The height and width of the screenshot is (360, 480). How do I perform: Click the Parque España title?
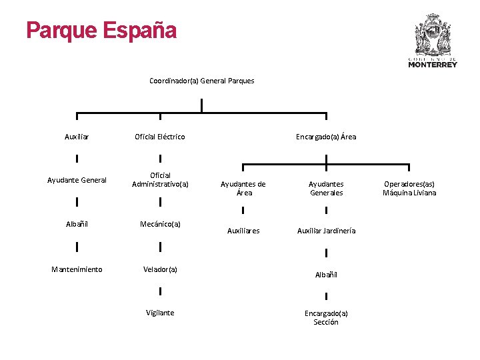click(101, 31)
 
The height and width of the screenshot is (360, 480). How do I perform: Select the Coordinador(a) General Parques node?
click(202, 81)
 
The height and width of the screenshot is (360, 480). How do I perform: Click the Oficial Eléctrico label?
click(160, 137)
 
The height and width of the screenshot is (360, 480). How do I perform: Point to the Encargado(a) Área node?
click(326, 136)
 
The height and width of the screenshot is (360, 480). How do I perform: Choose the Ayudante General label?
click(77, 180)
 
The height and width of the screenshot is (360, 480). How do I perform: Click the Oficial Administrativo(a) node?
click(160, 180)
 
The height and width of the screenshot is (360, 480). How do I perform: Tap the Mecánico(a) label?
click(160, 224)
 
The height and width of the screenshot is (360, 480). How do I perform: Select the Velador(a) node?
click(160, 269)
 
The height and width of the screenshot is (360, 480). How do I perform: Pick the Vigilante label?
click(160, 313)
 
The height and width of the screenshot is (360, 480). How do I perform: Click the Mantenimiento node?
click(77, 269)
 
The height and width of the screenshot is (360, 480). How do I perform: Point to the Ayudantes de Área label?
click(243, 188)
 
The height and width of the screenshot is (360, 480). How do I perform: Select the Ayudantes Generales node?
click(326, 188)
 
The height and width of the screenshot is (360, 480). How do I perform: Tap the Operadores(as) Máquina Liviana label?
click(409, 188)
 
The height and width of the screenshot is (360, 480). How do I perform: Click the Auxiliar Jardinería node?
click(326, 231)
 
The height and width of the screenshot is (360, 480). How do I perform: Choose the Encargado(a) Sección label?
click(326, 317)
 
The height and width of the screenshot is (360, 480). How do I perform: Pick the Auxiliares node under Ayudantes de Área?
click(243, 231)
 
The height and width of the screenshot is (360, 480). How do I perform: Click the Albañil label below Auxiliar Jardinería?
click(326, 275)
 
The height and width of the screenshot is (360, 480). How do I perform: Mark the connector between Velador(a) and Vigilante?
click(160, 291)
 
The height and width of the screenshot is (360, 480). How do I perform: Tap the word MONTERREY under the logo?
click(433, 65)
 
